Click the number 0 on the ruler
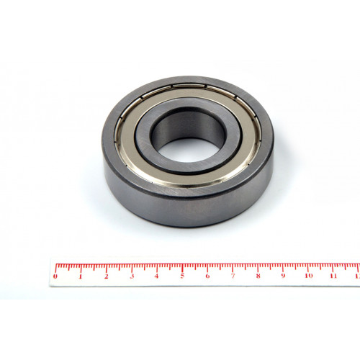[x=55, y=276]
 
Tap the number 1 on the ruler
[x=81, y=276]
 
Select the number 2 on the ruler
[x=107, y=276]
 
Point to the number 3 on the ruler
[x=132, y=276]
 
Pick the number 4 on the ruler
[x=156, y=276]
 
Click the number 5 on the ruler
[x=182, y=276]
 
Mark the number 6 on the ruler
[x=207, y=276]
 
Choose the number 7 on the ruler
[x=233, y=276]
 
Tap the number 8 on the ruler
[x=258, y=276]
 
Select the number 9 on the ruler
[x=284, y=276]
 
